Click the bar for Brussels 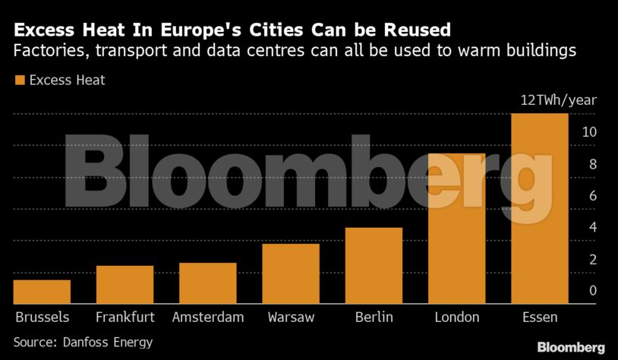point(42,292)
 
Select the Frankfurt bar point(125,285)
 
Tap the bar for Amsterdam point(207,283)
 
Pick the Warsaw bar point(291,273)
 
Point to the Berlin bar point(374,266)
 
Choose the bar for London point(456,229)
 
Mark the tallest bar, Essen point(540,209)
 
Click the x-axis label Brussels point(42,317)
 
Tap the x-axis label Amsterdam point(208,317)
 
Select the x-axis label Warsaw point(291,317)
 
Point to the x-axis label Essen point(540,317)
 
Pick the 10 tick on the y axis point(589,132)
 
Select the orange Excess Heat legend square point(20,80)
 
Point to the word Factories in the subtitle point(45,52)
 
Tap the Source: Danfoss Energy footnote point(83,342)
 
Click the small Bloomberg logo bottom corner point(571,347)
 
